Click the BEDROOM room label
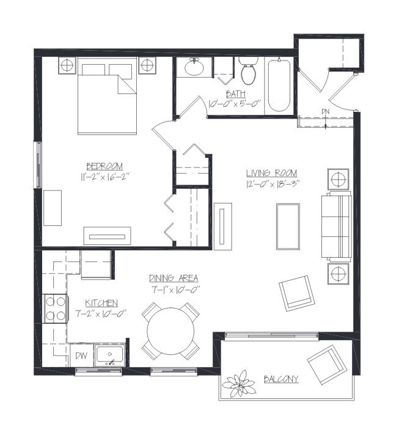coord(105,166)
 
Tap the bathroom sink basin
coord(194,67)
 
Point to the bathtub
coord(279,86)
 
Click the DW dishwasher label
coord(81,355)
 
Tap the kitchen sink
coord(110,355)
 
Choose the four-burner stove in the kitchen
coord(55,308)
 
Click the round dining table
coord(170,331)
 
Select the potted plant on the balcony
coord(239,383)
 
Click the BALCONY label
coord(281,379)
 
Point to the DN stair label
coord(326,111)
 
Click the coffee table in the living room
coord(288,227)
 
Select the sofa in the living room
coord(337,227)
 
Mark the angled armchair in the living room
coord(296,293)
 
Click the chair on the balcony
coord(326,365)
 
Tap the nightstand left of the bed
coord(67,65)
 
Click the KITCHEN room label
coord(101,303)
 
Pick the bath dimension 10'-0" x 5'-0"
coord(235,104)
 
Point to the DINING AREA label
coord(174,278)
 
